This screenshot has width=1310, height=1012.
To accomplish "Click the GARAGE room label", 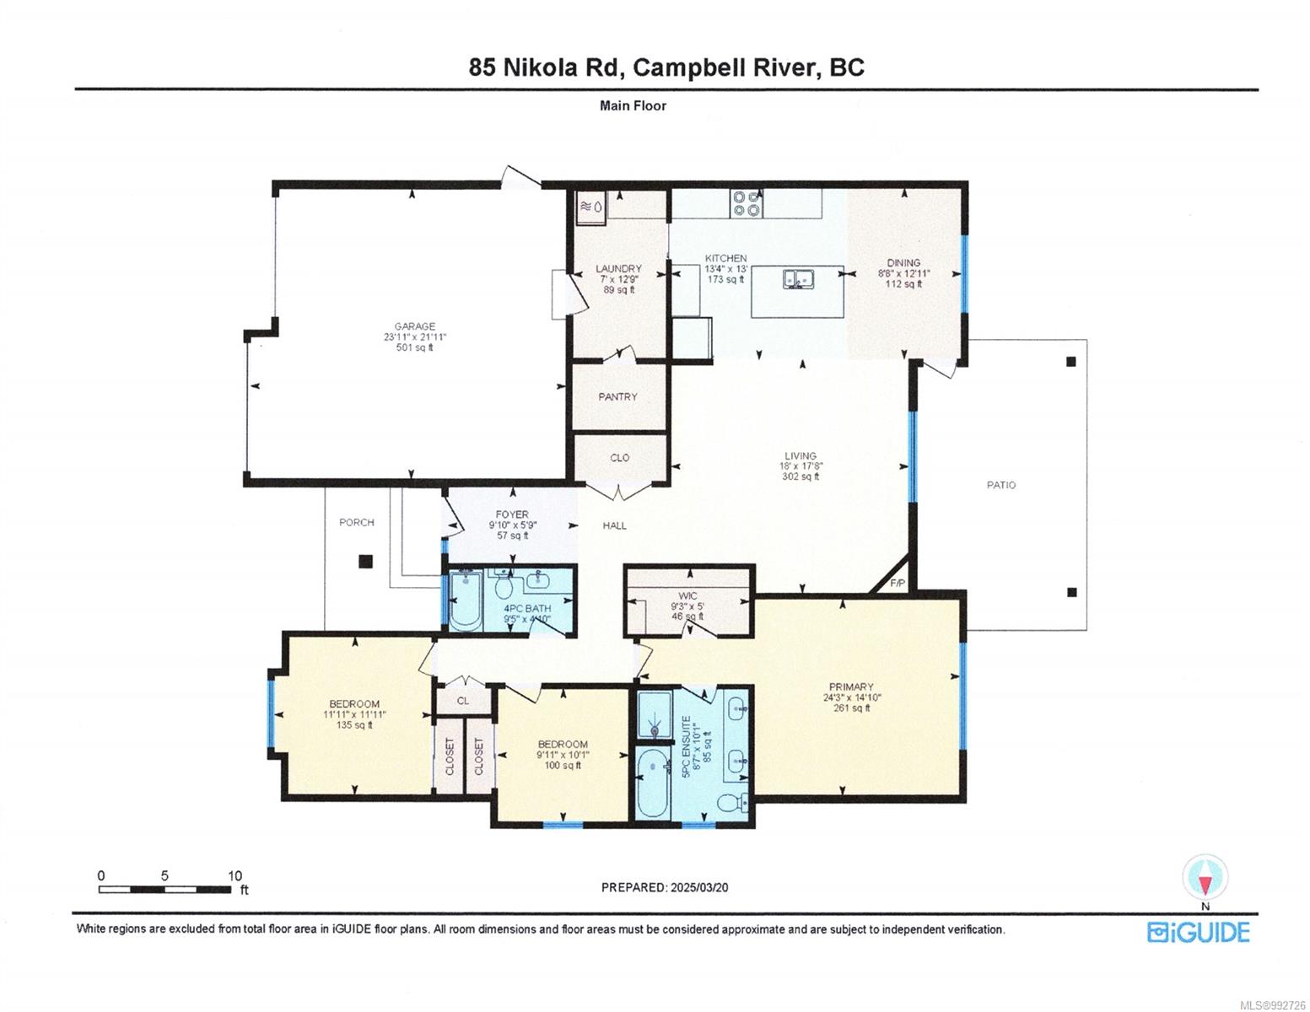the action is click(x=415, y=326).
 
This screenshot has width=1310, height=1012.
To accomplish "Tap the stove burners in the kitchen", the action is click(x=745, y=203).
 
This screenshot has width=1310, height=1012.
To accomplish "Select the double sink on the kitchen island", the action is click(x=797, y=279).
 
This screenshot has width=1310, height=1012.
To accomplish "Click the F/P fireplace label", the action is click(x=898, y=583).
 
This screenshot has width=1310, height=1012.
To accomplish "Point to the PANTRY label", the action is click(x=617, y=396).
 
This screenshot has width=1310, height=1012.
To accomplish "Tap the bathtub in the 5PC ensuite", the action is click(x=652, y=783).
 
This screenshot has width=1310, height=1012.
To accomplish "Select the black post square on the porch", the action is click(x=365, y=561).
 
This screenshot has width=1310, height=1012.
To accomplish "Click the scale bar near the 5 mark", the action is click(x=164, y=889).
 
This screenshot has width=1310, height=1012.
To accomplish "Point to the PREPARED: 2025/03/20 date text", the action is click(x=665, y=887).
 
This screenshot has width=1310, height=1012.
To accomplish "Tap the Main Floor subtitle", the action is click(x=633, y=105).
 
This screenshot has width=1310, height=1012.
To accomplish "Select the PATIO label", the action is click(x=1000, y=485).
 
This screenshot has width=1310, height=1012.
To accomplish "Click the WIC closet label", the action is click(x=687, y=595).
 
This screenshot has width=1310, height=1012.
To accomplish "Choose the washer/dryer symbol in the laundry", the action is click(x=591, y=207).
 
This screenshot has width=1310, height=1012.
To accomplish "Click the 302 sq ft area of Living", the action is click(x=801, y=476).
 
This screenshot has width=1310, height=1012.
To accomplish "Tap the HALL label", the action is click(x=614, y=525).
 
